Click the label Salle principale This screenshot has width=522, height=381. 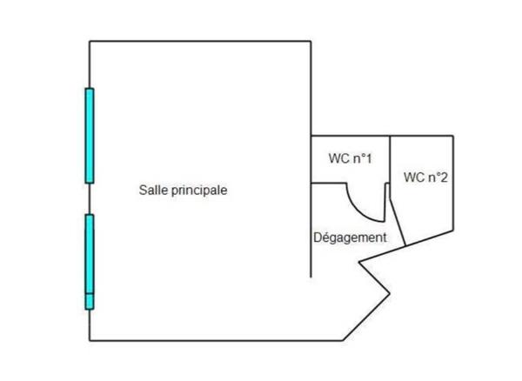point(183,190)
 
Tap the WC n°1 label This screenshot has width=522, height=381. point(350,159)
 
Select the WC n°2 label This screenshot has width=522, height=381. point(425,177)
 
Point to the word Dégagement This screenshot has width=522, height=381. point(348,237)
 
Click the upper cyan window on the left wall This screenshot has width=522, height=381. point(89,135)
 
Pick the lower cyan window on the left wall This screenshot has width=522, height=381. point(89,254)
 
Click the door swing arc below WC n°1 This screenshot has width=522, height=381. point(364,206)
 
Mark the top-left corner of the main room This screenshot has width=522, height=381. point(90,40)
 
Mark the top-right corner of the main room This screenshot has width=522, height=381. point(311,40)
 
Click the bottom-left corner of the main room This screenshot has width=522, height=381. point(90,340)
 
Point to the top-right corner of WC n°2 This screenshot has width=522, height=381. point(453,136)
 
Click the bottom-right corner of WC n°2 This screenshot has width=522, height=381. point(453,232)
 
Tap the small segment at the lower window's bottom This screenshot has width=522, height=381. point(89,302)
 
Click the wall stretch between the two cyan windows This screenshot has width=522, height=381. point(90,198)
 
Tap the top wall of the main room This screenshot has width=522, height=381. point(200,40)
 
